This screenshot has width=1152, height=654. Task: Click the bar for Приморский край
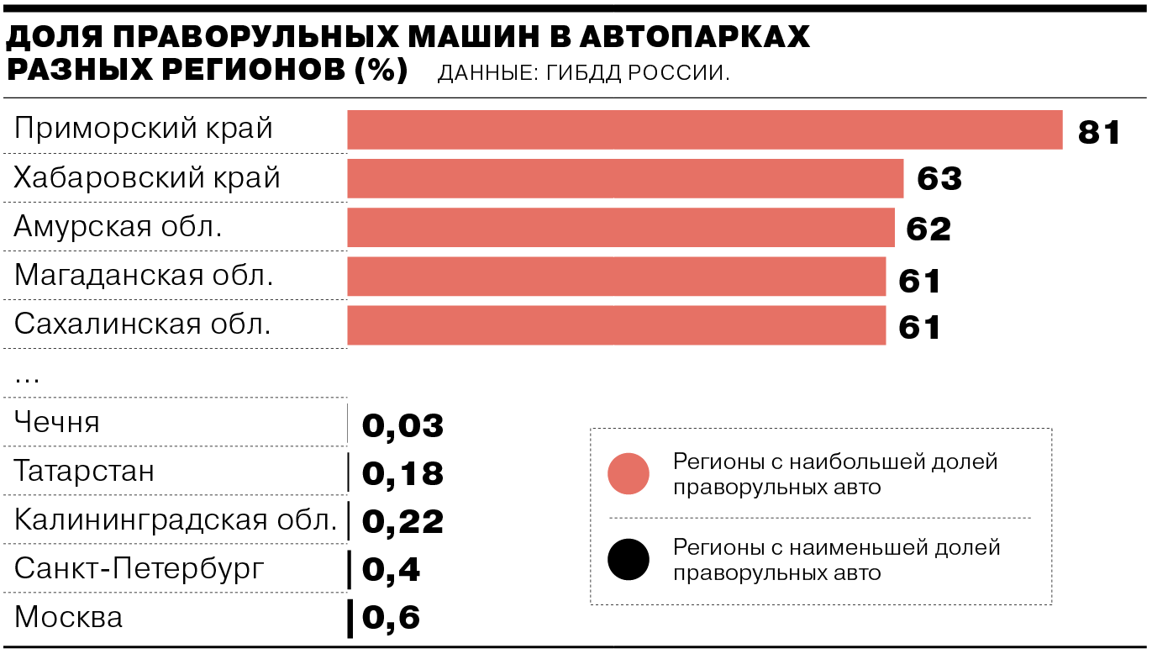[704, 130]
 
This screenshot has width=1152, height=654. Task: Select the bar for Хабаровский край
[625, 179]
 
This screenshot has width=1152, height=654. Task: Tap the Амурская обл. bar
[621, 228]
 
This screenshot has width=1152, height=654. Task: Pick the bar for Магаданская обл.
[616, 277]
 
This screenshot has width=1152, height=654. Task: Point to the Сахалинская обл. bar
[616, 325]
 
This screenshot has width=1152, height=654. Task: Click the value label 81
[1099, 132]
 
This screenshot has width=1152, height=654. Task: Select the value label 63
[939, 180]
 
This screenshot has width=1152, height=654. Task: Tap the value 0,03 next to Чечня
[402, 426]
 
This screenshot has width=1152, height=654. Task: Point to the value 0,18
[402, 474]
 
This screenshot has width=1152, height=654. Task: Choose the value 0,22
[402, 522]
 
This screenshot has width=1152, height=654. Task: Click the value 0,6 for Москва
[391, 619]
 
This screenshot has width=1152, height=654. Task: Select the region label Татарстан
[84, 471]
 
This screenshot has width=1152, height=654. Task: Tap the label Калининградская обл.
[176, 520]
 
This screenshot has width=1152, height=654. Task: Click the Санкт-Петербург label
[139, 568]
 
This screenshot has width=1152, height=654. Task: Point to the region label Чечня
[57, 422]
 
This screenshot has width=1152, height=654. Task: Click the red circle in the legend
[629, 473]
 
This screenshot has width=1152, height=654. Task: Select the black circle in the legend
[629, 560]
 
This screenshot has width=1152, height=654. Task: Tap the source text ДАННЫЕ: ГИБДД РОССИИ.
[583, 73]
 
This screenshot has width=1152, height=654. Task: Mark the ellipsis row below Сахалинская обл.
[27, 377]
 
